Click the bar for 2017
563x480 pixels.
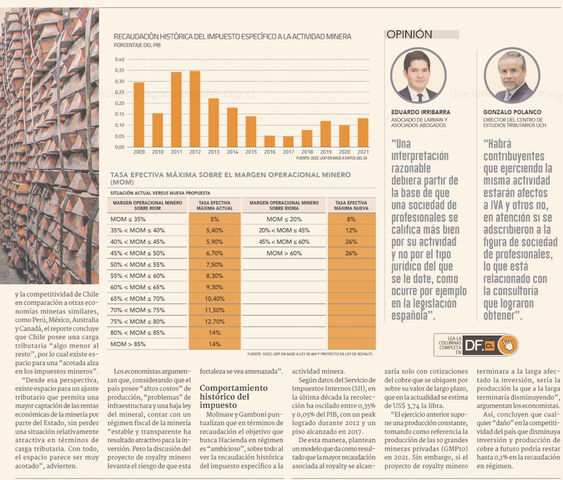[288, 141]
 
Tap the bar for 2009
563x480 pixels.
[138, 114]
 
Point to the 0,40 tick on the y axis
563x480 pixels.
[119, 60]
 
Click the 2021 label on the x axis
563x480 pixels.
[363, 152]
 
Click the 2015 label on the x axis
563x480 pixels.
[251, 152]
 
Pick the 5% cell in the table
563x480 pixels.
[214, 219]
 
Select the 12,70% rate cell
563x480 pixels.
[214, 322]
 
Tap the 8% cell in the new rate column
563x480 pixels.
[351, 219]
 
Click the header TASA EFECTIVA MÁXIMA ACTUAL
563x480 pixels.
[214, 205]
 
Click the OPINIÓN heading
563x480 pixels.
[409, 34]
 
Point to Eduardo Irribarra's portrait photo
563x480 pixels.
[418, 76]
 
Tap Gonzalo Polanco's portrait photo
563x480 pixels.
[512, 76]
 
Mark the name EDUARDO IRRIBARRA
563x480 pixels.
[421, 112]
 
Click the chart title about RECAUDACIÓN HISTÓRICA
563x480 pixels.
[232, 37]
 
